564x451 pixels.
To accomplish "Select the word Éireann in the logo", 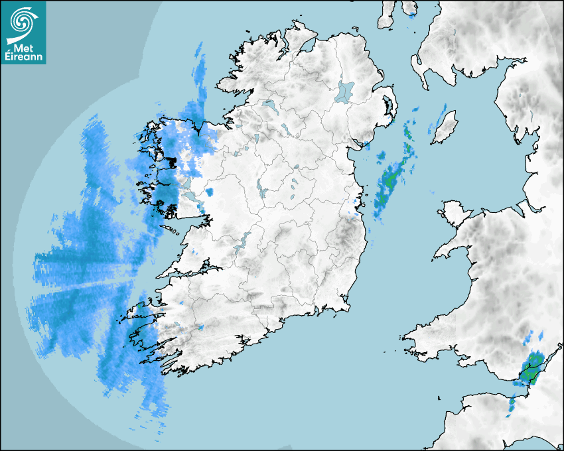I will (23, 57).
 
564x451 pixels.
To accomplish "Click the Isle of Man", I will (445, 127).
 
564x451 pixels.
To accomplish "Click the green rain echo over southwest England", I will (531, 369).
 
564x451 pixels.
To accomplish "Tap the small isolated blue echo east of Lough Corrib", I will (210, 192).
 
